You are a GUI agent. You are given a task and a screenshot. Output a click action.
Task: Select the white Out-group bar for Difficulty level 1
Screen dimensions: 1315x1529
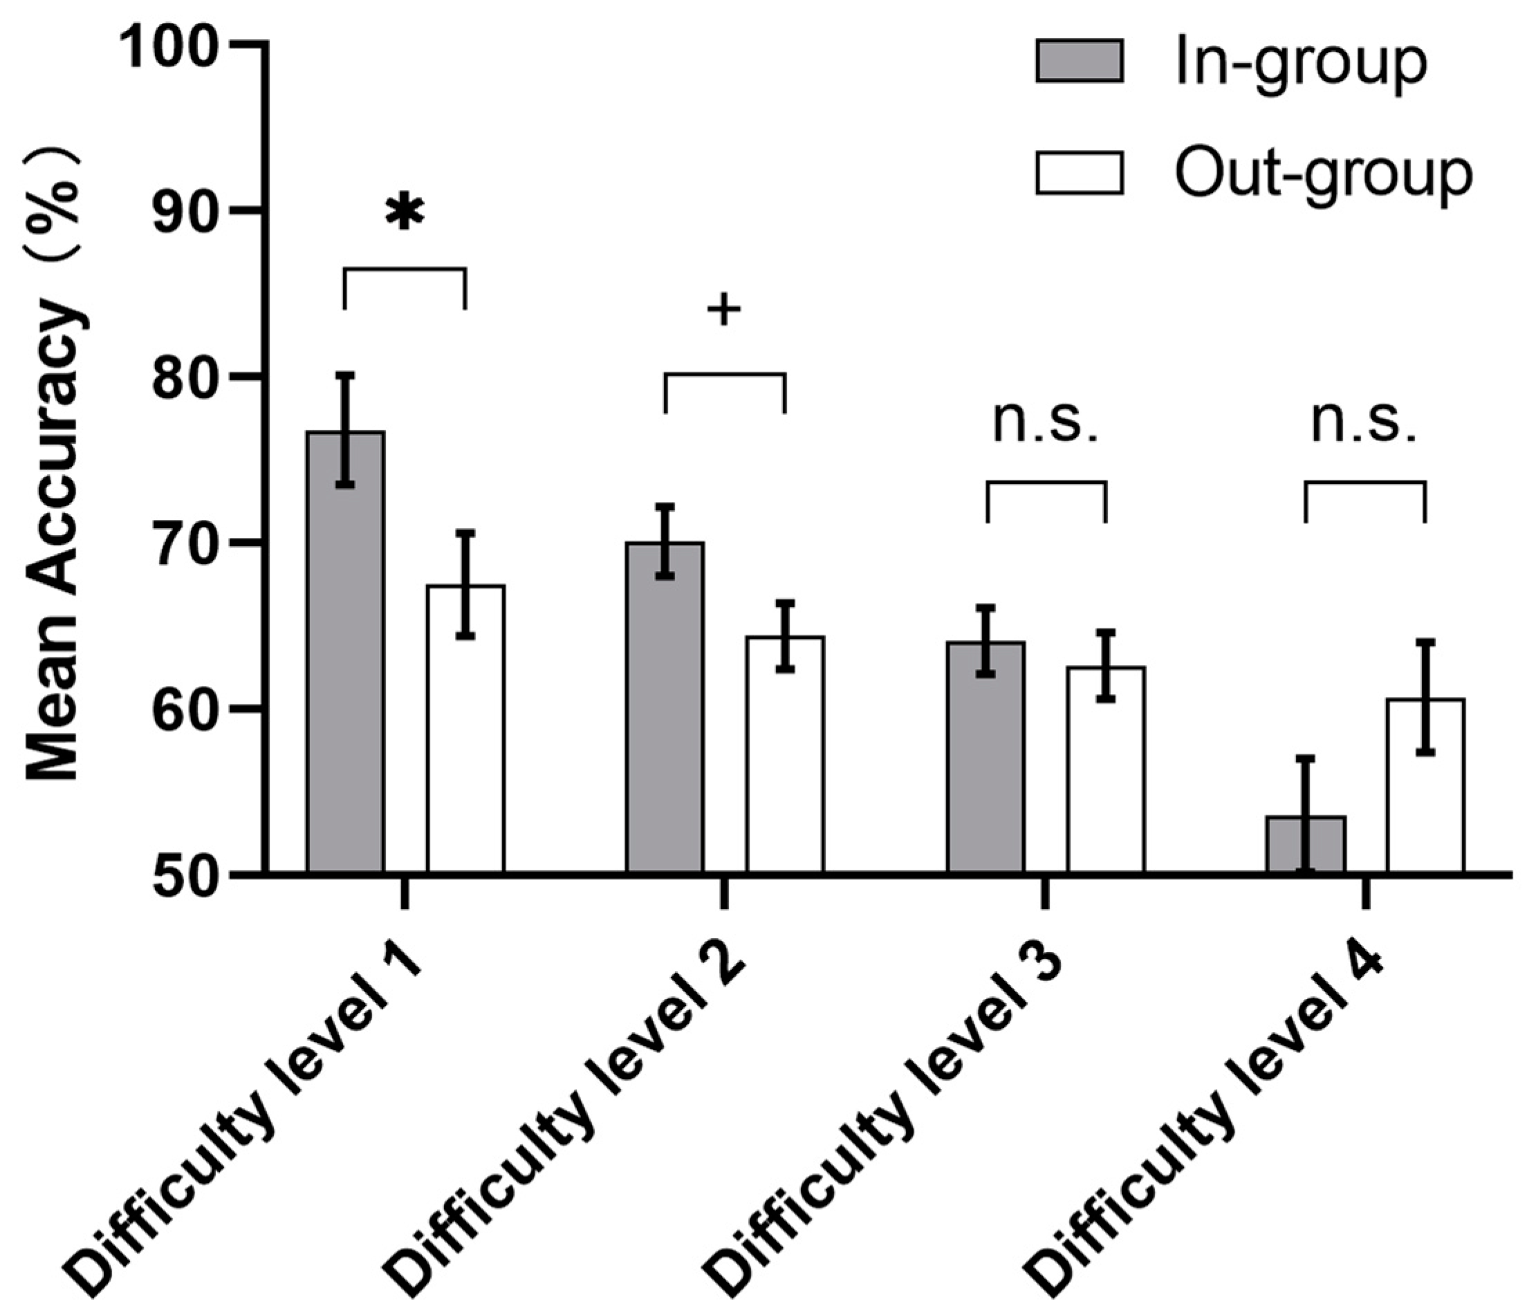pos(465,738)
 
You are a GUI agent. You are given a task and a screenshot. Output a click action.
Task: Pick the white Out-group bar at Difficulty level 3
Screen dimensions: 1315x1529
pos(1105,775)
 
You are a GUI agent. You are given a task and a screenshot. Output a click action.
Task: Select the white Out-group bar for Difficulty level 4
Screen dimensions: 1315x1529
pos(1425,790)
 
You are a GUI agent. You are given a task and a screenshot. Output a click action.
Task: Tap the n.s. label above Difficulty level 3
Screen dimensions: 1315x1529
pos(1046,426)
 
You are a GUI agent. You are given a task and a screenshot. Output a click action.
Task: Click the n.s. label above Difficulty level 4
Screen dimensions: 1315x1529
pos(1364,426)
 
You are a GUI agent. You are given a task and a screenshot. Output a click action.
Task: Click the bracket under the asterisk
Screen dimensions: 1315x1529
pos(405,270)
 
